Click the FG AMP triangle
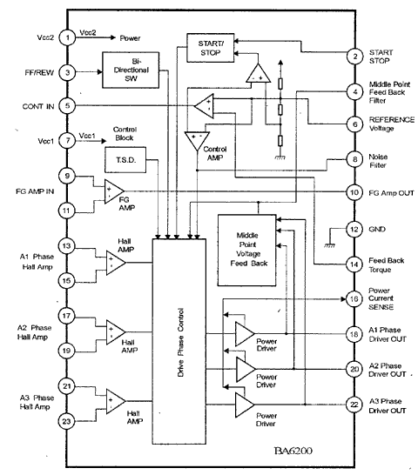tap(114, 191)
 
